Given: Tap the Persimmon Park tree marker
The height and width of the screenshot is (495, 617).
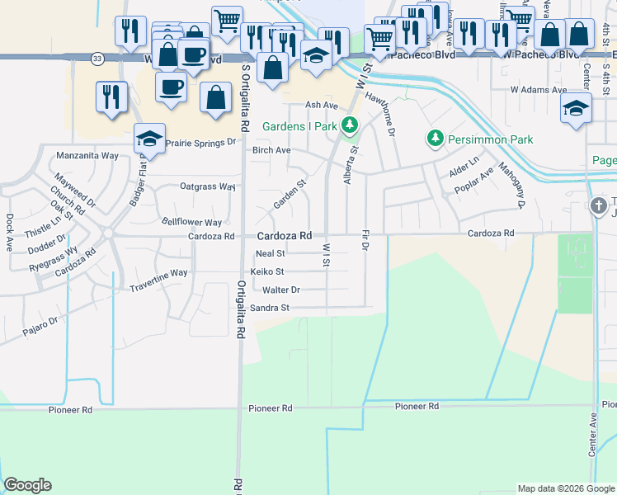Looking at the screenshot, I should coord(435,139).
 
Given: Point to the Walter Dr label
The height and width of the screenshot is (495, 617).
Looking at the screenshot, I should coord(280,290).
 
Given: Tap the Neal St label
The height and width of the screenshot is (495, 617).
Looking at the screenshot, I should coord(270,253).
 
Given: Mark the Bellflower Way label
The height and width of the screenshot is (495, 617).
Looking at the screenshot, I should coord(191,222).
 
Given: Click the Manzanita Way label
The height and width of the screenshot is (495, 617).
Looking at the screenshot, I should coord(87,155).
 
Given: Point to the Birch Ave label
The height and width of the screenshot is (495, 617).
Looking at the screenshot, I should coord(271,150).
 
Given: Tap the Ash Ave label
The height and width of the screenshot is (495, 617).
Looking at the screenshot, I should coord(322,105).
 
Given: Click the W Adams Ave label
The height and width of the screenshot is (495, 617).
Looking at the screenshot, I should coord(539,89).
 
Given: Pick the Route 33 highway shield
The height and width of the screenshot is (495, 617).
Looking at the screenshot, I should coord(97,58).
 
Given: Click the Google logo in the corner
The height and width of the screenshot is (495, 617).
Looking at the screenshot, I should coord(27,485).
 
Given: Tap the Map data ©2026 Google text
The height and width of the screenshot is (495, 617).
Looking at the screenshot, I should coord(565,488).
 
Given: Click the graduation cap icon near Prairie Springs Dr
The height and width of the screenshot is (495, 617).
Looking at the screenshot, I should coord(149,139).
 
